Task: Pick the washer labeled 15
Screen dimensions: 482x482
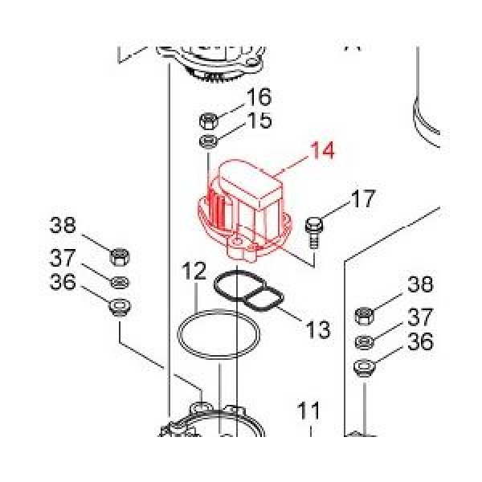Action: point(207,143)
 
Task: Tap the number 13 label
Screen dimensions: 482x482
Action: point(318,329)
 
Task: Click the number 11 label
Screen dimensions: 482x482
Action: point(310,412)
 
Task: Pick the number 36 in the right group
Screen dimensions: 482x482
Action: point(420,342)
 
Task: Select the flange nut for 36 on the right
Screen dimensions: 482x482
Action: point(363,370)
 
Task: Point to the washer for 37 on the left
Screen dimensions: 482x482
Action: point(119,282)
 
